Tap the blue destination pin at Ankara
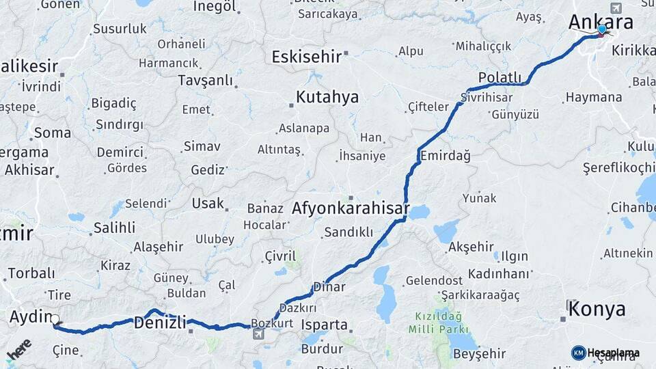(602, 29)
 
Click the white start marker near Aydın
(55, 319)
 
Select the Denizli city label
(160, 322)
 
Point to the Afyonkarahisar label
(351, 208)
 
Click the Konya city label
(597, 309)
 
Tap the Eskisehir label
(306, 57)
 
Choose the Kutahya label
(327, 97)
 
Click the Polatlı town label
(500, 77)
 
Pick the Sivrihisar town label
(486, 98)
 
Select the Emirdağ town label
(446, 156)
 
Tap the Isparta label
(325, 325)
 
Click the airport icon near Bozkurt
(258, 334)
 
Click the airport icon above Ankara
(616, 8)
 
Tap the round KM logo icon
(578, 353)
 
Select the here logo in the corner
(18, 348)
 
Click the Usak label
(208, 203)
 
